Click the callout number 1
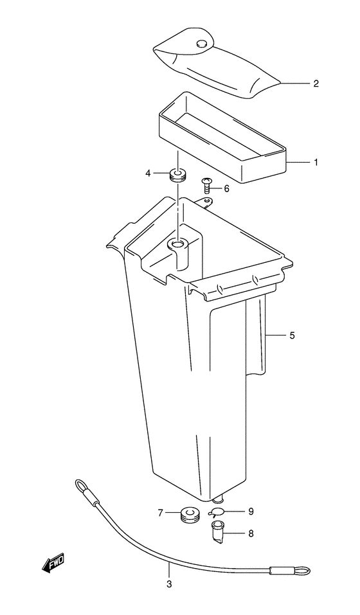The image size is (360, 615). point(316,163)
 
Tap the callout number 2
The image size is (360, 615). point(316,83)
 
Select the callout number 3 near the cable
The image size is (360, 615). point(169,584)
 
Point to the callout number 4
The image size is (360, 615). point(148,173)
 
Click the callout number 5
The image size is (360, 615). point(292,335)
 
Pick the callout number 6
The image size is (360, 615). point(226,188)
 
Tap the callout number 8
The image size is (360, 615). point(251,533)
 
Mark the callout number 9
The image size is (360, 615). point(251,512)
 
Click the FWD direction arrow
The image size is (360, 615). point(54,562)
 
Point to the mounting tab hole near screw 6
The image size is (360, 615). point(207,203)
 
